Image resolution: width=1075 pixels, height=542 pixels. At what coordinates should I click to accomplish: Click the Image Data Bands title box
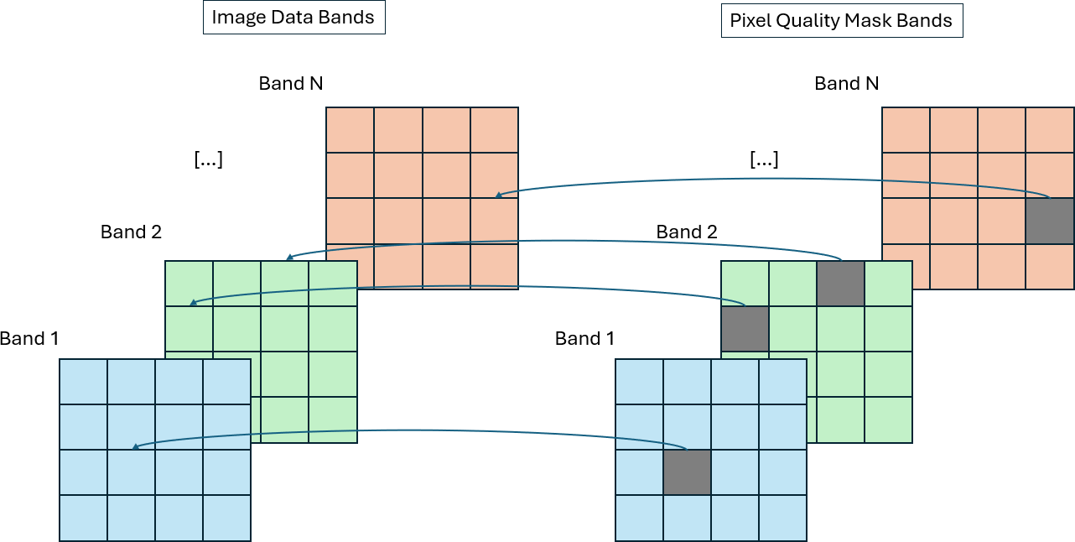(x=293, y=18)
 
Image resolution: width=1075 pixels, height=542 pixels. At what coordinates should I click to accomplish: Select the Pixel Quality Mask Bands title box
(x=841, y=21)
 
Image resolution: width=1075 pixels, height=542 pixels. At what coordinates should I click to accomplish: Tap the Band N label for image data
(x=291, y=83)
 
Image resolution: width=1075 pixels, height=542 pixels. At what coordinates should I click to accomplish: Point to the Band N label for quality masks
(x=847, y=83)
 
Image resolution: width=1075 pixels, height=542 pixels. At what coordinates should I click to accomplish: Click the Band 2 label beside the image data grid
(x=131, y=232)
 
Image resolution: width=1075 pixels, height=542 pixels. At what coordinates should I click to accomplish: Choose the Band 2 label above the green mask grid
(x=687, y=232)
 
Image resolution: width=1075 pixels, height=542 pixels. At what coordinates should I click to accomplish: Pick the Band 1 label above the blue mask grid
(x=584, y=339)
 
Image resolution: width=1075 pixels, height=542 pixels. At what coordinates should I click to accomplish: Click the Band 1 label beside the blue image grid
(x=30, y=339)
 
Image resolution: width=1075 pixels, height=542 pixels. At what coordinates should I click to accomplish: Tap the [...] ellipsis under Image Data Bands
(x=208, y=159)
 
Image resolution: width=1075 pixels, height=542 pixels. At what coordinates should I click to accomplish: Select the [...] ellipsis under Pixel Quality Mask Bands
(x=764, y=159)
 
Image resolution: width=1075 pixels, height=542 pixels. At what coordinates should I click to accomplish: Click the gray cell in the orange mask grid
(x=1050, y=221)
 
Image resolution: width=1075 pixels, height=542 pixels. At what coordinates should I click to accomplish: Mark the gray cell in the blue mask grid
(x=687, y=472)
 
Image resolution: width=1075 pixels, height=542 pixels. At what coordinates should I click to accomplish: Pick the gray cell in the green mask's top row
(x=840, y=283)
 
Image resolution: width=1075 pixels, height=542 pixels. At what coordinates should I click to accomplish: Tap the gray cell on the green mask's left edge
(x=745, y=328)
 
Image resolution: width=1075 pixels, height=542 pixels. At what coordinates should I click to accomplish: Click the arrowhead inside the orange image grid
(x=498, y=195)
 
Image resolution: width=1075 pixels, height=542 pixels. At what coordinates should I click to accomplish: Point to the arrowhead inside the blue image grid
(x=136, y=446)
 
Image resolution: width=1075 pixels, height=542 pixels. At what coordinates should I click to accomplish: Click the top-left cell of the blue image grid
(x=83, y=382)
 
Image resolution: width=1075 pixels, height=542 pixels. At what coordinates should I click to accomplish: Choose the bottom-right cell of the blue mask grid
(x=782, y=518)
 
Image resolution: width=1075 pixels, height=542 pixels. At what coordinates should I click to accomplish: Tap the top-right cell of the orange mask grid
(x=1050, y=130)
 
